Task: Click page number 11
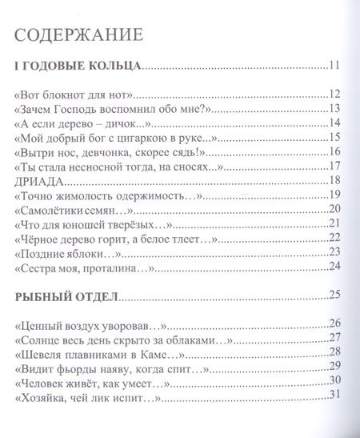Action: (335, 65)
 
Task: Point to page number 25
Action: (335, 295)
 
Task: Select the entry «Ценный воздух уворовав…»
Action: (90, 323)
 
